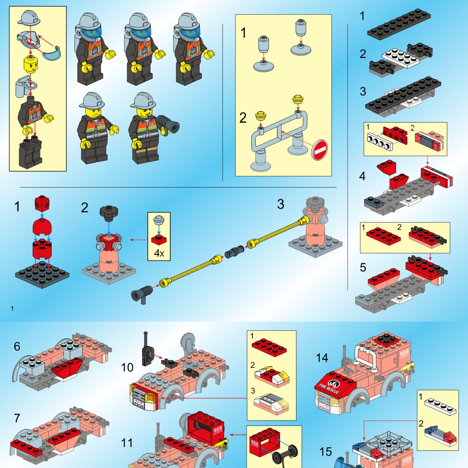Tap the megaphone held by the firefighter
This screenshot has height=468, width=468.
pyautogui.click(x=169, y=124)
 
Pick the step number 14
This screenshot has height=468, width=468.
pyautogui.click(x=322, y=358)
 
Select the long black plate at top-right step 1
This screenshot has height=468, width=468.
pyautogui.click(x=399, y=24)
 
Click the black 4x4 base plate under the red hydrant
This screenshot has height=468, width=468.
pyautogui.click(x=42, y=273)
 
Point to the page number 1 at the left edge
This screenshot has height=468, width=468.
pyautogui.click(x=13, y=309)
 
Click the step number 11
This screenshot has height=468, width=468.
pyautogui.click(x=127, y=443)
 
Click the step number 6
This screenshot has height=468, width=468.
pyautogui.click(x=17, y=346)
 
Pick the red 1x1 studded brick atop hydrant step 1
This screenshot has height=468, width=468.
pyautogui.click(x=42, y=202)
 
